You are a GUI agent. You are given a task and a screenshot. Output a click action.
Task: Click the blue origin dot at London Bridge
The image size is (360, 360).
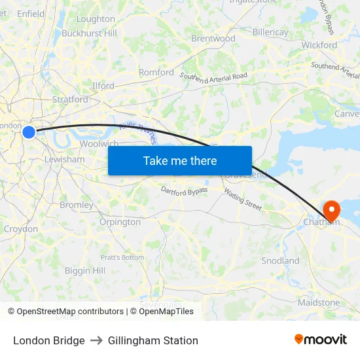point(29,132)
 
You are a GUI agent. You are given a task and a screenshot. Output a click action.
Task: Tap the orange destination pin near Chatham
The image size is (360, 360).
point(332,210)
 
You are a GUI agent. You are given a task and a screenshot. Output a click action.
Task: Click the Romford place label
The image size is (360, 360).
point(156,73)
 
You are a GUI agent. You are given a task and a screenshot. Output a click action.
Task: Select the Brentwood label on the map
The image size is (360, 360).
point(213,39)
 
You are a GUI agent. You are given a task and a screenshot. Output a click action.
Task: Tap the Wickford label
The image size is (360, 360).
point(319,45)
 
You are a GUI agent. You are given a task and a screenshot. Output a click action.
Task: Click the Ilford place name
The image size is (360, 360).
point(103,86)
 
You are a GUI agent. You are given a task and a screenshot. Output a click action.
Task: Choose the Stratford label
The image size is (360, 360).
point(70,99)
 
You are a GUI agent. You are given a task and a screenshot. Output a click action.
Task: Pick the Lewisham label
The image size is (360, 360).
point(65,159)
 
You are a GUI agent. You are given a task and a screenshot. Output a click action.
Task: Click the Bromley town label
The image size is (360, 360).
point(77,205)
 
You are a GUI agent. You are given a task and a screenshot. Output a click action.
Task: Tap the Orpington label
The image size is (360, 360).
point(120,222)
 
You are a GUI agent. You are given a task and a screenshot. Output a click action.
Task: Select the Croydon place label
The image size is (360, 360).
point(21,229)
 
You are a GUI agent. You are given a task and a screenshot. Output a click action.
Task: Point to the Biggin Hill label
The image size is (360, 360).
point(85,270)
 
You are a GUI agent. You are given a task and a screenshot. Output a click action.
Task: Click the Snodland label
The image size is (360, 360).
point(280,261)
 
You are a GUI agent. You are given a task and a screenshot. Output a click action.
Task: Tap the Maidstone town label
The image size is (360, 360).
point(319,302)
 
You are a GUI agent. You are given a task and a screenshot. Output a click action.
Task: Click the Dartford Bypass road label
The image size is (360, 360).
point(185,190)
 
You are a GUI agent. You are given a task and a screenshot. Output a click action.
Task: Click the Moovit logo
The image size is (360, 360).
point(320,340)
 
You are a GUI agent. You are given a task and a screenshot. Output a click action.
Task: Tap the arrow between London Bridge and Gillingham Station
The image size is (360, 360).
point(96,340)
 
